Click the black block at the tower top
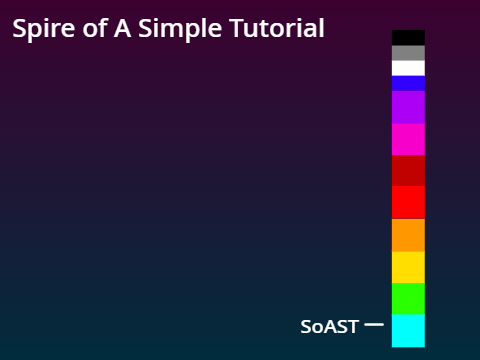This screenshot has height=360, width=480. [408, 38]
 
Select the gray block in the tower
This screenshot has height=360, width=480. [408, 53]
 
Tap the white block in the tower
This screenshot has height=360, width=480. [408, 68]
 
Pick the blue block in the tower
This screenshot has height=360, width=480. [408, 83]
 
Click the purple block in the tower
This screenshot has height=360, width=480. [408, 107]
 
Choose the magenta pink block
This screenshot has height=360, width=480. [408, 139]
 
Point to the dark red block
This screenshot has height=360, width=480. [408, 170]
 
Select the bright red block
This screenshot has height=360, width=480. [408, 202]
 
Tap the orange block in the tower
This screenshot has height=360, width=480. [408, 235]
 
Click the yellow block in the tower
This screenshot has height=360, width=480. [408, 267]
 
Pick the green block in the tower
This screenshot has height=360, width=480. [408, 298]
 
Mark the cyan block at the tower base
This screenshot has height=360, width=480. [408, 330]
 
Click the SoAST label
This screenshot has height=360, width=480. [329, 327]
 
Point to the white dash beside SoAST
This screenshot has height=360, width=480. [374, 325]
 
